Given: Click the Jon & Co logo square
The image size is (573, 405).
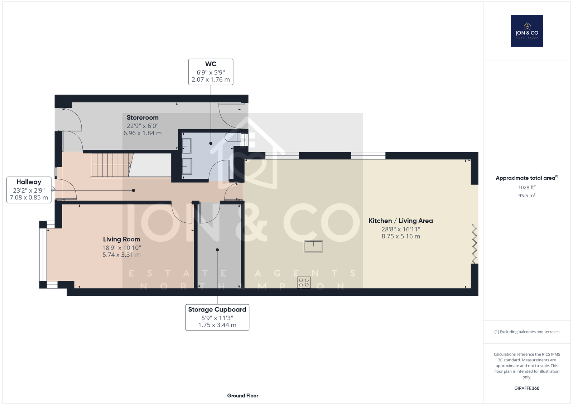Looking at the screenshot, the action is tap(527, 31).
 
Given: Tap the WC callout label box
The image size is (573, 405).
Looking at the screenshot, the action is tap(211, 72).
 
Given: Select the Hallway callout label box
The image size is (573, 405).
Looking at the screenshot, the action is tap(29, 190).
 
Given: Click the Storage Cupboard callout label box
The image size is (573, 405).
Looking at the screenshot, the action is tap(217, 317).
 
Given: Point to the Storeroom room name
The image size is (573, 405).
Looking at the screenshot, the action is tap(143, 117).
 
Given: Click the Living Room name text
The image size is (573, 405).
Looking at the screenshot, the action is tap(121, 239).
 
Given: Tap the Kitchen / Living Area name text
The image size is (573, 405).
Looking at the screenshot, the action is tap(401, 221).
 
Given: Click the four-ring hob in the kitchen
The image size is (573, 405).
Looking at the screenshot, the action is tap(304, 283).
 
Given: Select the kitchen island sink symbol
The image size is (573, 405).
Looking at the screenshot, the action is tap(313, 246).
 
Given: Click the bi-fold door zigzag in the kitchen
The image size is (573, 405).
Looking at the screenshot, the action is tap(475, 244).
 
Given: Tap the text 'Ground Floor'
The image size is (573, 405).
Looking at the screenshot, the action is tap(243, 396).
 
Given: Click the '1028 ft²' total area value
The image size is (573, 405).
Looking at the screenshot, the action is tap(527, 187).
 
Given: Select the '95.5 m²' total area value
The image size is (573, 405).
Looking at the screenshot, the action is tap(527, 196).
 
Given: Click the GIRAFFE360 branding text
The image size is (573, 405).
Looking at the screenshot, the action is tap(527, 388).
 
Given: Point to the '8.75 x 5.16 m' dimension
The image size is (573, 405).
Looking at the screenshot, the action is tap(401, 236).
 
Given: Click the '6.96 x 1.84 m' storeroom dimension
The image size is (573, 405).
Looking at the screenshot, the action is tap(143, 133).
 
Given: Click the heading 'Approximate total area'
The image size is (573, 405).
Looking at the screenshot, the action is tap(525, 178).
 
